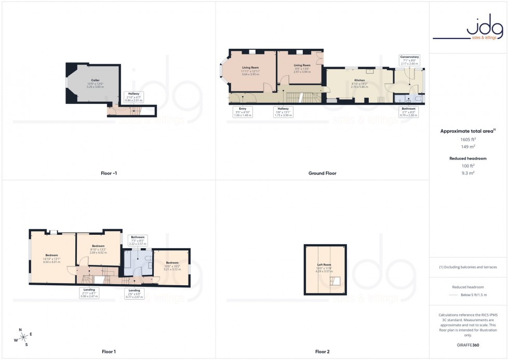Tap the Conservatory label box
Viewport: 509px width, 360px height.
click(x=409, y=60)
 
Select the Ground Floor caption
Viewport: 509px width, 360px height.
click(x=322, y=173)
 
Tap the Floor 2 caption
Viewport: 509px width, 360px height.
click(x=322, y=352)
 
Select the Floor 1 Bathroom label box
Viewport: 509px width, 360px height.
click(x=138, y=241)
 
